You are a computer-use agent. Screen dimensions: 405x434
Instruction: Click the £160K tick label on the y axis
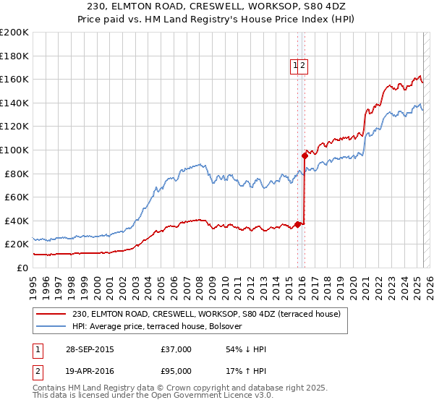coord(14,79)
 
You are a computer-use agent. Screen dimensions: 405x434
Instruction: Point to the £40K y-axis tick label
coord(16,221)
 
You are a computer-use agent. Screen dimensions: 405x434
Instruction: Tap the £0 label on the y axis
coord(22,268)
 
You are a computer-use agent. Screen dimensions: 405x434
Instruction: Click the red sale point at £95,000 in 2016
coord(305,155)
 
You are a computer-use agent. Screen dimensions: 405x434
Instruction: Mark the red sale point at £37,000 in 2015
coord(297,224)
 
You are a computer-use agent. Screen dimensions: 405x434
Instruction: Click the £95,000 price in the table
coord(176,371)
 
